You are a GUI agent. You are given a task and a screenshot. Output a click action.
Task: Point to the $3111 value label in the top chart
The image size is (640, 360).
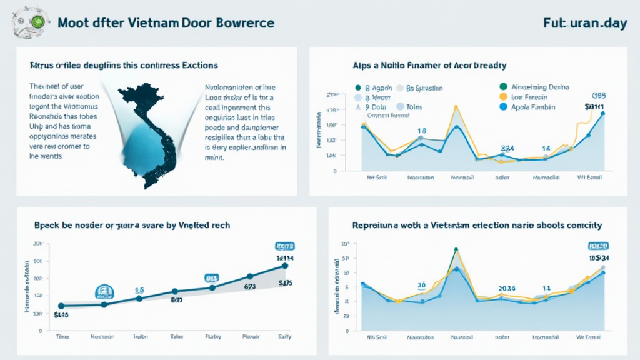click(595, 107)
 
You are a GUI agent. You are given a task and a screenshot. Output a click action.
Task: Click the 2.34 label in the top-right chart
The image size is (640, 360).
click(507, 148)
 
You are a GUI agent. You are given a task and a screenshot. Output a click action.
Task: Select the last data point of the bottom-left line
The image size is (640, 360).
click(285, 266)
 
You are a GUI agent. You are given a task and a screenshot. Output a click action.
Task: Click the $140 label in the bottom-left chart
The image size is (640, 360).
click(61, 315)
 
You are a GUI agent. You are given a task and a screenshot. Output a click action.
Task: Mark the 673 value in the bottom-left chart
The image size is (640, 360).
click(249, 287)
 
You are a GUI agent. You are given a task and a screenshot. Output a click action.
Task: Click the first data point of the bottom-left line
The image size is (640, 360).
click(61, 306)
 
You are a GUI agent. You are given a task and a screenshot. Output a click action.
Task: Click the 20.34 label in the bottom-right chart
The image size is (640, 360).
click(506, 288)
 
